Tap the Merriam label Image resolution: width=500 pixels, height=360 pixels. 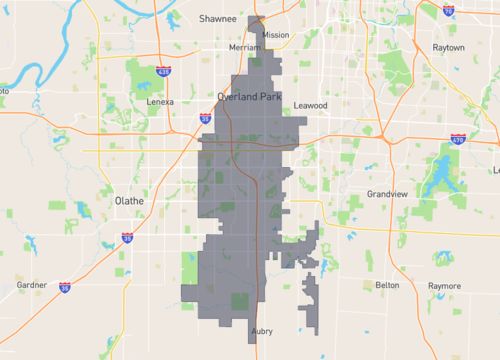pos(244,47)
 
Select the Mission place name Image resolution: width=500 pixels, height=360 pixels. pos(276,35)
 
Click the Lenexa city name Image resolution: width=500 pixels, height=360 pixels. pos(161,102)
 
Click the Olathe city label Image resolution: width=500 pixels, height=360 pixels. pos(130,200)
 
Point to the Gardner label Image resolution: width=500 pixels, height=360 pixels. pos(32,284)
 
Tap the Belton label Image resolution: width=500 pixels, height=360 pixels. pos(386,285)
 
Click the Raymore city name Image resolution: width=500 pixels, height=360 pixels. pos(445,285)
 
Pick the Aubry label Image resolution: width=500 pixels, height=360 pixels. pos(262,330)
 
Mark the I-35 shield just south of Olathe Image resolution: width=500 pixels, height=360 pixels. pos(127,237)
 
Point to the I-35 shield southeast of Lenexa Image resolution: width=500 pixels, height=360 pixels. pos(205,118)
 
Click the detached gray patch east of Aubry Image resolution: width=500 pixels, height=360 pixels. pos(312,300)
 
